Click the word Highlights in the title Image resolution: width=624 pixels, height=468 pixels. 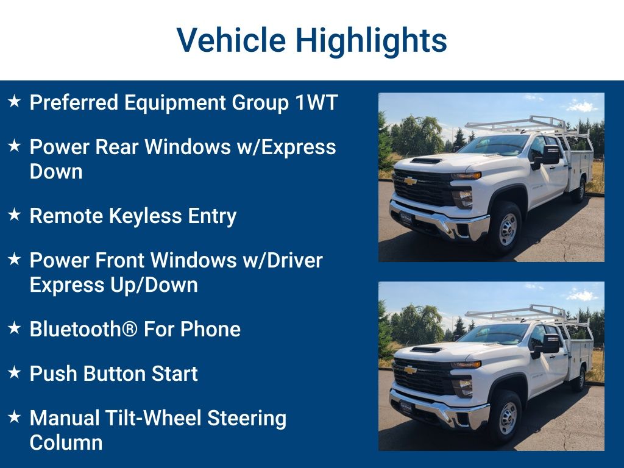(x=372, y=40)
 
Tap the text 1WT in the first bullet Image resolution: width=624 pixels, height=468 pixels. (x=316, y=102)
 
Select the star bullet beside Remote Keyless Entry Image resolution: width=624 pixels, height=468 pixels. (x=15, y=215)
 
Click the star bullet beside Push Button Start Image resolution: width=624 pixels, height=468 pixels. (x=15, y=372)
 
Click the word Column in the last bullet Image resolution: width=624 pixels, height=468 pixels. (x=66, y=442)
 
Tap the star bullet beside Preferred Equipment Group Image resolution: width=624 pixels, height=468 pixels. (x=15, y=102)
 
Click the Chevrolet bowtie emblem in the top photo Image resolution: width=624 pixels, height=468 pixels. (x=410, y=181)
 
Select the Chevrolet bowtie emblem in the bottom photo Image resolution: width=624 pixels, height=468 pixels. (x=410, y=370)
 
